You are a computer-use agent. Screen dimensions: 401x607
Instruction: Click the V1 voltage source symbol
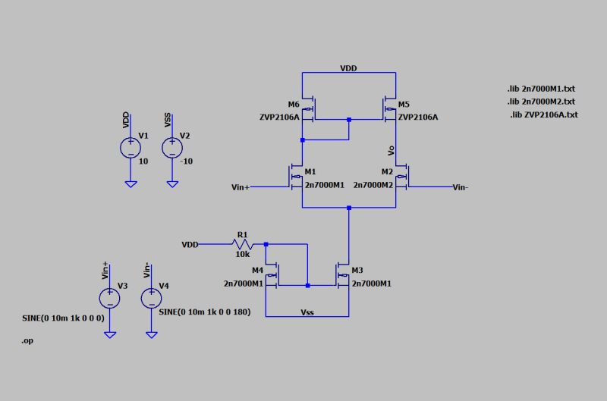[131, 147]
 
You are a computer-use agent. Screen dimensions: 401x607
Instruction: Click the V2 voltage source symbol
[173, 147]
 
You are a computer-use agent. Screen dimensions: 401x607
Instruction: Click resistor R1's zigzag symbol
[243, 245]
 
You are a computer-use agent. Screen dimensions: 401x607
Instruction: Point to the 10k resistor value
[242, 255]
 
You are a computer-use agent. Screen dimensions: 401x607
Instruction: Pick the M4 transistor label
[257, 271]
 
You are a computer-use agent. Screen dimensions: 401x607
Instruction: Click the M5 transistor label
[404, 104]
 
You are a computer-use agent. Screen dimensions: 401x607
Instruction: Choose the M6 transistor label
[294, 104]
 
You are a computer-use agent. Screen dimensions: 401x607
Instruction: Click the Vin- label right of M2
[460, 186]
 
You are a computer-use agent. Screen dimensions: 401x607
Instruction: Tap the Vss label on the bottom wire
[307, 311]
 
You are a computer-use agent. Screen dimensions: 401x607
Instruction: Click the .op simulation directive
[27, 342]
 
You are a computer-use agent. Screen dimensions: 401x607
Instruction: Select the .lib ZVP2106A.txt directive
[543, 114]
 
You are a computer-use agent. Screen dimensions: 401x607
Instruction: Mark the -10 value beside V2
[186, 161]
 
